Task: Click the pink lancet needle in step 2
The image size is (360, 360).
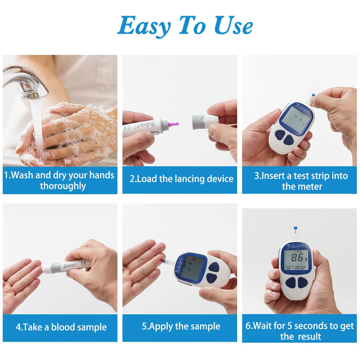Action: pyautogui.click(x=173, y=123)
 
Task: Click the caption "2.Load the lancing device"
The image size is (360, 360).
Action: pyautogui.click(x=181, y=179)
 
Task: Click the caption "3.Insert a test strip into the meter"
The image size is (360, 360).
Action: pyautogui.click(x=301, y=181)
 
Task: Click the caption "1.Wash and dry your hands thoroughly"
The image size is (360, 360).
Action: pyautogui.click(x=59, y=180)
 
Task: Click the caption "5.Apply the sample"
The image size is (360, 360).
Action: pyautogui.click(x=181, y=326)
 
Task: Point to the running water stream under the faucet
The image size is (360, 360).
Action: pyautogui.click(x=39, y=130)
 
